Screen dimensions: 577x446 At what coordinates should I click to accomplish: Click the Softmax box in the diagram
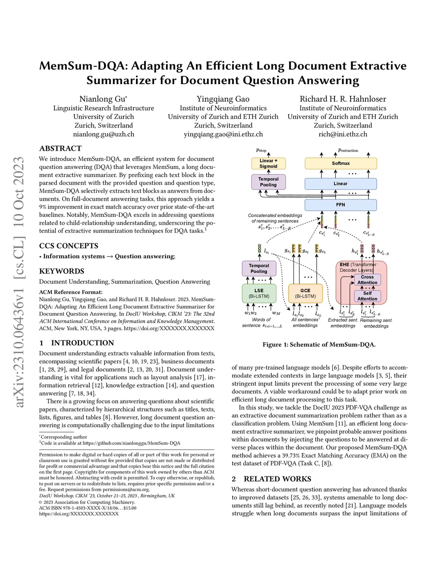tap(341, 163)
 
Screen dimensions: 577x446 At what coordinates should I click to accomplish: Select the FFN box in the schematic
tap(341, 205)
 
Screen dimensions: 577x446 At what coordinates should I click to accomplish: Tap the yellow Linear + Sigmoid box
tap(268, 163)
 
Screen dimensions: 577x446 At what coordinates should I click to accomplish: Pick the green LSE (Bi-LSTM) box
tap(259, 293)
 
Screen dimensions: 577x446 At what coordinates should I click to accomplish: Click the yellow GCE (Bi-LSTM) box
tap(305, 293)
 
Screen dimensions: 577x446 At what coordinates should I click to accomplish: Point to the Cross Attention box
tap(367, 280)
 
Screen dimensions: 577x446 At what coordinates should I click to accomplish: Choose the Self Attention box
tap(367, 296)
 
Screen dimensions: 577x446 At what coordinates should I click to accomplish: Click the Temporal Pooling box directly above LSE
tap(259, 268)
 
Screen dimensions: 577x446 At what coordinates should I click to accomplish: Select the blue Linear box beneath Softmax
tap(341, 184)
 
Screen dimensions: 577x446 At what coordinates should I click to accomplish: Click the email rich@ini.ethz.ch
tap(343, 134)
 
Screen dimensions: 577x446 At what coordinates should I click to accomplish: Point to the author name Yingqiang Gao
tap(223, 99)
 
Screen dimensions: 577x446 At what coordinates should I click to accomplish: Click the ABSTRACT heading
tap(60, 148)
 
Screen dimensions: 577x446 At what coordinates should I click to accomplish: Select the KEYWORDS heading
tap(61, 271)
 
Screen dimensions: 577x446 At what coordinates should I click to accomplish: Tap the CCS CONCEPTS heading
tap(68, 246)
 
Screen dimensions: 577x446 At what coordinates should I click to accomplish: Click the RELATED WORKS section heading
tap(277, 479)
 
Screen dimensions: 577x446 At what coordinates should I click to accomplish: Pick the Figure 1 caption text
tap(319, 344)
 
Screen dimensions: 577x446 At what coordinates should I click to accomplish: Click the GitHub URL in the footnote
tap(131, 443)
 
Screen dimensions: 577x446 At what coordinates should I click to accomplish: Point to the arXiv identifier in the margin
tap(19, 283)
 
